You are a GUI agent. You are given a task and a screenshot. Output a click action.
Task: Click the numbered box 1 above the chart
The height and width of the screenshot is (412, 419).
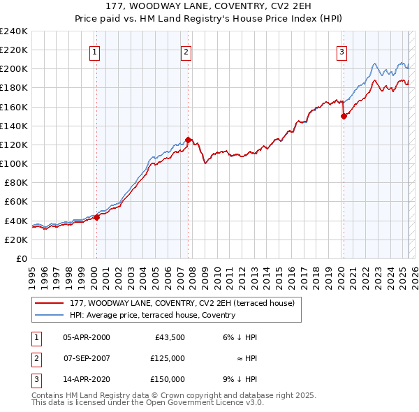94,51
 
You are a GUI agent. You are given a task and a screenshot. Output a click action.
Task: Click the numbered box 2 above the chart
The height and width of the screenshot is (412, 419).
186,51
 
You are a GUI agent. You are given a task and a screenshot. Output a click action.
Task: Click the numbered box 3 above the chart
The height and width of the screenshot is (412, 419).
341,51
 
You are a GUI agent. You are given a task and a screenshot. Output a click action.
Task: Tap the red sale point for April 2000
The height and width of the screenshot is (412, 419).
97,217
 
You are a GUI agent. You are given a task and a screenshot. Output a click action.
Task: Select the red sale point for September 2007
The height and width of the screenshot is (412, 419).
189,140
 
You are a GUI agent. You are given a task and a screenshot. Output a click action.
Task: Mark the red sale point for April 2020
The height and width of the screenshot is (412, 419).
344,117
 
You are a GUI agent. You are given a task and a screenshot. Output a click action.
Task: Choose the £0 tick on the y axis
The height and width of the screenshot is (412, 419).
20,258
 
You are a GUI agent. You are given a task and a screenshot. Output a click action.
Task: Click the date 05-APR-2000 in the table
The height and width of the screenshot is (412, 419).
87,337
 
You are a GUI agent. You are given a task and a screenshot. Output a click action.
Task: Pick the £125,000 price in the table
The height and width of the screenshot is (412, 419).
168,358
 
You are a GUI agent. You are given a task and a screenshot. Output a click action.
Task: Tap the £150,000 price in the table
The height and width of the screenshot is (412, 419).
168,379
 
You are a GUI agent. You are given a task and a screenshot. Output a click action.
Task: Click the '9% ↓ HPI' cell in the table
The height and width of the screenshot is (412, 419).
238,379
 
